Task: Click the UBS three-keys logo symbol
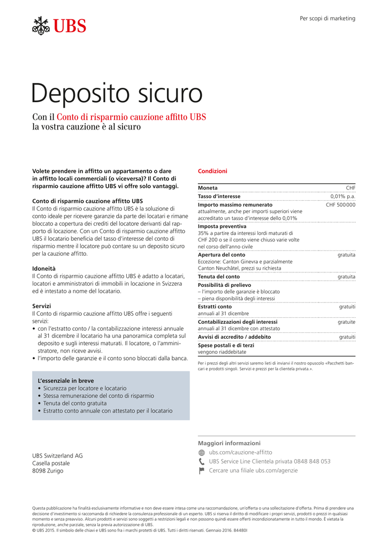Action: click(42, 26)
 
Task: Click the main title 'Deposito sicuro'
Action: click(117, 94)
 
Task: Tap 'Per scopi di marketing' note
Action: click(327, 18)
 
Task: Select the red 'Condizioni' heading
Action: click(212, 171)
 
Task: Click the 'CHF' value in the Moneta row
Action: click(351, 188)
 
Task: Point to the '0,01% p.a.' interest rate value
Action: click(343, 196)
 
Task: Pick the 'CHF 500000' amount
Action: click(340, 205)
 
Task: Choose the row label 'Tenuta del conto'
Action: click(219, 277)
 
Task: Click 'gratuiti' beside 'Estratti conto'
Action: click(347, 307)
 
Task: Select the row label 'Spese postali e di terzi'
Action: click(226, 346)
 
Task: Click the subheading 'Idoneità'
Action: click(44, 268)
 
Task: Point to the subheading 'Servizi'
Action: click(42, 306)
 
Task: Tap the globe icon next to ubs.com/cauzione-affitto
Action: click(201, 453)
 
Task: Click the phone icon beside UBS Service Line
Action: click(201, 461)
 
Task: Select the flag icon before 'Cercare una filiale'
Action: click(201, 471)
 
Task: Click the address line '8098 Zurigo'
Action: click(48, 471)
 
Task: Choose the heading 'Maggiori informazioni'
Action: click(229, 443)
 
